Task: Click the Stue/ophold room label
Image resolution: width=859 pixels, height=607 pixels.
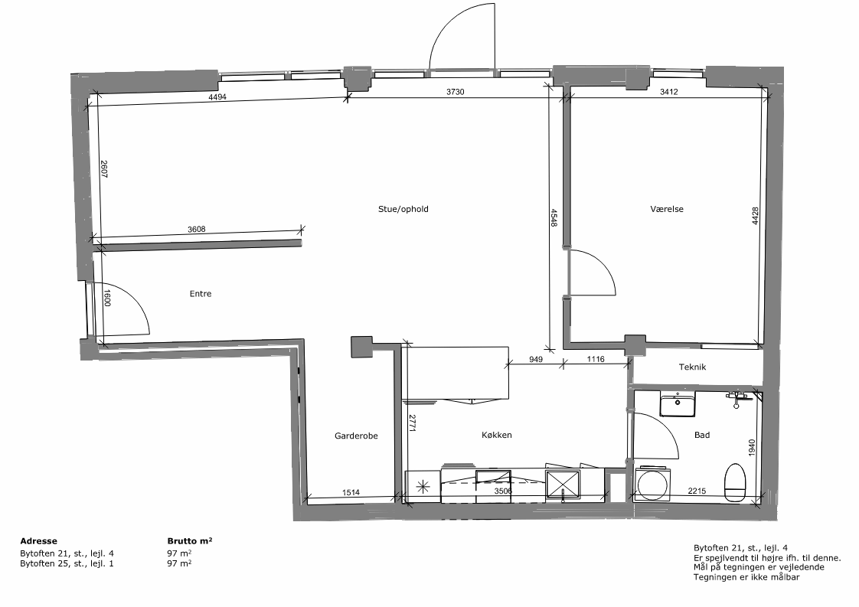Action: click(403, 209)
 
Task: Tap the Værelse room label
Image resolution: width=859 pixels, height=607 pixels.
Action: click(667, 209)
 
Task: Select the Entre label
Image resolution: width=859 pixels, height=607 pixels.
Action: click(201, 294)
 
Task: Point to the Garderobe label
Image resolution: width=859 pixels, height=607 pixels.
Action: click(356, 436)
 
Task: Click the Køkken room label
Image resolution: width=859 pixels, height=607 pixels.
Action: click(496, 435)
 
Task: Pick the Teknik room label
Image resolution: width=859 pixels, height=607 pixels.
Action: click(692, 367)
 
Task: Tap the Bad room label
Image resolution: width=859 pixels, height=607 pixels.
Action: click(702, 435)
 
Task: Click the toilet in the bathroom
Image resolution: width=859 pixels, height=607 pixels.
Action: click(735, 482)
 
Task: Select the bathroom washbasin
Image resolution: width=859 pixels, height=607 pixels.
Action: click(678, 404)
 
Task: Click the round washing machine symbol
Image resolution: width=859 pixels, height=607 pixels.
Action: click(652, 484)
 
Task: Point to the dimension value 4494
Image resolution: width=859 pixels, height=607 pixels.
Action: click(217, 97)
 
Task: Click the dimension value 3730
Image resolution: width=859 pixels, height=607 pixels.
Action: click(456, 92)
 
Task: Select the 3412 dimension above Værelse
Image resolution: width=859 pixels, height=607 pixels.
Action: click(668, 92)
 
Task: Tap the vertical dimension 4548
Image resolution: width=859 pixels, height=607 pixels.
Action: click(554, 218)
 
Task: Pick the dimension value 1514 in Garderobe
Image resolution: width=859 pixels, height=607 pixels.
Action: click(351, 492)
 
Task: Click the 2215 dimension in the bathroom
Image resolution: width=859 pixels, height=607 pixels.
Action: click(697, 491)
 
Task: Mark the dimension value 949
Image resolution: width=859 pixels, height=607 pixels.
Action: click(536, 360)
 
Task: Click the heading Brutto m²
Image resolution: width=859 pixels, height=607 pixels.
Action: click(190, 540)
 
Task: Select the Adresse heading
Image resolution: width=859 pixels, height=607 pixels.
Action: click(38, 541)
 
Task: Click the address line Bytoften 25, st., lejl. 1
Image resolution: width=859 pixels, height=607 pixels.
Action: click(67, 563)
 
